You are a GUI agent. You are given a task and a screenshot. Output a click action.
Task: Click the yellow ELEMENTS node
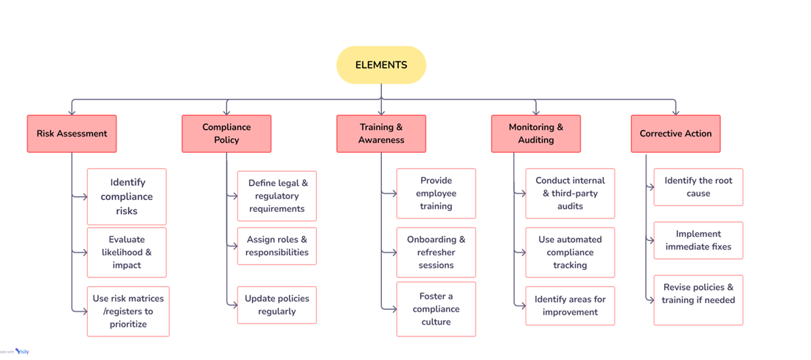pos(381,65)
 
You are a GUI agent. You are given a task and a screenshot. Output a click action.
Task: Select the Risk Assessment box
pos(72,134)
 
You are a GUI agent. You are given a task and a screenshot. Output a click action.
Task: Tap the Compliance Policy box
pos(226,134)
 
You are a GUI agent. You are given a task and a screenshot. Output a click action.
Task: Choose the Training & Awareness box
pos(381,134)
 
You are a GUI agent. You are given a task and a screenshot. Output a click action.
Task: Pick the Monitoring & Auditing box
pos(536,134)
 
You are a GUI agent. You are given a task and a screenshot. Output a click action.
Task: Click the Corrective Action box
pos(675,134)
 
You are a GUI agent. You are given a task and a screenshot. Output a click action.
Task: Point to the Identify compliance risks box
pos(127,196)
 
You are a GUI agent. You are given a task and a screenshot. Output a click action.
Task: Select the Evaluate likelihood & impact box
pos(127,252)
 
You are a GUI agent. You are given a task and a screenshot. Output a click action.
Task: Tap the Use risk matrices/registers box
pos(128,311)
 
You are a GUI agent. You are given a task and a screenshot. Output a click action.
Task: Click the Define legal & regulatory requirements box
pos(277,196)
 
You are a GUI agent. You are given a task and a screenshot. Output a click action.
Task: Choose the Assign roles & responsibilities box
pos(277,246)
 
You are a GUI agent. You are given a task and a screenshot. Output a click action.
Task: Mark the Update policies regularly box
pos(277,305)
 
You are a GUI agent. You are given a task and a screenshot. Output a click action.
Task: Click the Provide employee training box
pos(436,193)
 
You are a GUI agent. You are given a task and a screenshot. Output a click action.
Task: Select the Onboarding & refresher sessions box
pos(436,252)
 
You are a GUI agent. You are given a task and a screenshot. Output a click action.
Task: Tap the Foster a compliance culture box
pos(436,309)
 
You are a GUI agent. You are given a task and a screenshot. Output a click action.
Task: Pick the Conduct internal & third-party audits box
pos(570,193)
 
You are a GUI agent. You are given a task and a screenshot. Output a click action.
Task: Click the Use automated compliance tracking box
pos(570,252)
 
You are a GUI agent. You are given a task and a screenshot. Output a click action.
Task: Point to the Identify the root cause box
pos(698,187)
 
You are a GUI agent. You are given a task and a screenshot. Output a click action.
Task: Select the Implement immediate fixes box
pos(698,240)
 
